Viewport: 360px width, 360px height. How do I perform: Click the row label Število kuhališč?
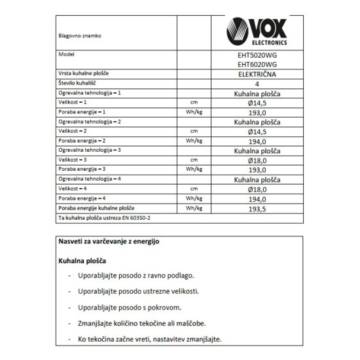80,84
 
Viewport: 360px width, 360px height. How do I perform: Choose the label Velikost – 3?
73,159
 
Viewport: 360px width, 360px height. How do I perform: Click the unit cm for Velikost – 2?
194,132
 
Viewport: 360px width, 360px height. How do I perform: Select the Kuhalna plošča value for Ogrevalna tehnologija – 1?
258,94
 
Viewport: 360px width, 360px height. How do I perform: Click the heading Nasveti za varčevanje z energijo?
109,242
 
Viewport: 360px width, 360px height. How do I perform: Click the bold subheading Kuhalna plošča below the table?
82,260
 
